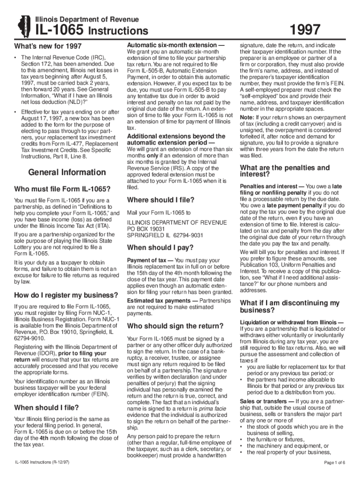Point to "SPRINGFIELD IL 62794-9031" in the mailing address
(165, 235)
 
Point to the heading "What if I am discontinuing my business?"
(289, 306)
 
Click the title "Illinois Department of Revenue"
(87, 19)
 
